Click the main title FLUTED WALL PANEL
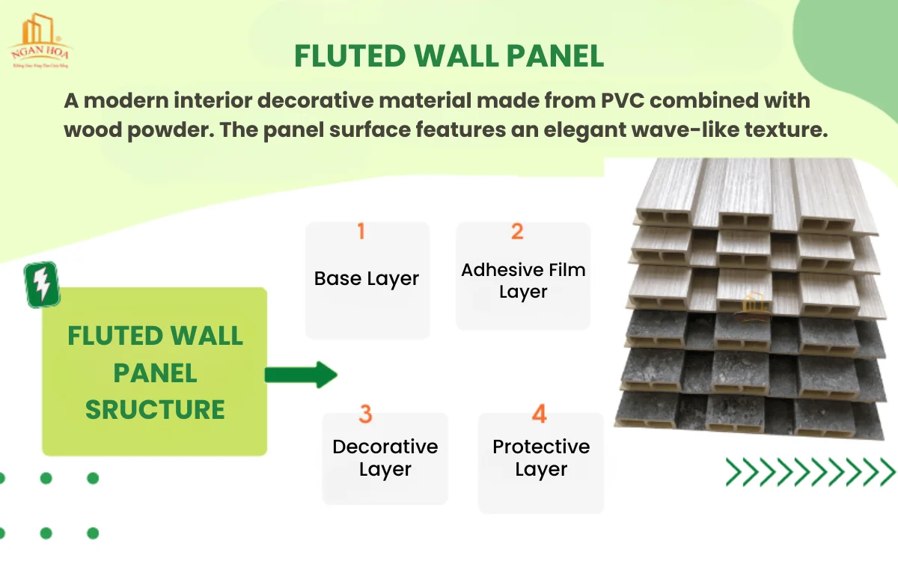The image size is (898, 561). coord(449,56)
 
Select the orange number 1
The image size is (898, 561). coord(361,231)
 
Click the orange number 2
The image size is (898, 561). coord(517,231)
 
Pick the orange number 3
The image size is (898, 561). coord(365,414)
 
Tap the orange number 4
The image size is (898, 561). coord(540,414)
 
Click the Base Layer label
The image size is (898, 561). coord(367,279)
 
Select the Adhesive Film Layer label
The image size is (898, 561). coord(523,280)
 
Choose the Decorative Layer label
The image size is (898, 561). coord(385,458)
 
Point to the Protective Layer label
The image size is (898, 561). coord(541,458)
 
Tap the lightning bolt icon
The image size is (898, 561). coord(42,284)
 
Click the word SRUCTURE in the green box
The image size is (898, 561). coord(155,409)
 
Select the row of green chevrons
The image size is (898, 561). coord(810,472)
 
